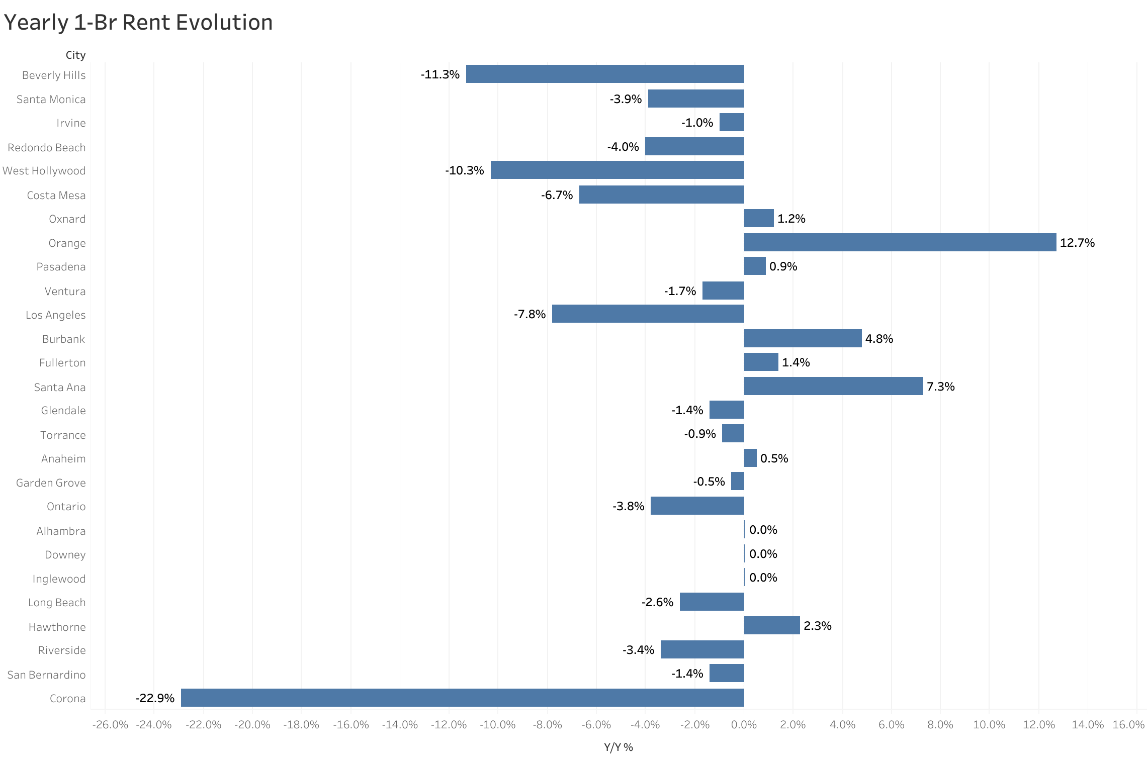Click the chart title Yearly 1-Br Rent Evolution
click(x=138, y=23)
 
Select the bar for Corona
click(x=462, y=697)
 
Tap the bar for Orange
click(x=900, y=242)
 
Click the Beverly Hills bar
click(x=604, y=74)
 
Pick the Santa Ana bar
click(x=833, y=386)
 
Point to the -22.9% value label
click(x=155, y=698)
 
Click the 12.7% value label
click(x=1077, y=243)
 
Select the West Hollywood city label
click(x=44, y=171)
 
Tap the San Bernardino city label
click(x=46, y=675)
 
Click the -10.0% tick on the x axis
click(x=497, y=724)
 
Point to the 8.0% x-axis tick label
click(x=940, y=724)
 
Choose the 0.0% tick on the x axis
click(x=744, y=724)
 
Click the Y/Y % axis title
click(x=618, y=747)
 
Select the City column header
click(x=75, y=55)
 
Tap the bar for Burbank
click(x=803, y=338)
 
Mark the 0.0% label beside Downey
click(x=763, y=554)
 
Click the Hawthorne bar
click(x=771, y=625)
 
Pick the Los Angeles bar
click(x=648, y=314)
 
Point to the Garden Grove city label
click(x=51, y=483)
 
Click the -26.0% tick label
click(x=110, y=724)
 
